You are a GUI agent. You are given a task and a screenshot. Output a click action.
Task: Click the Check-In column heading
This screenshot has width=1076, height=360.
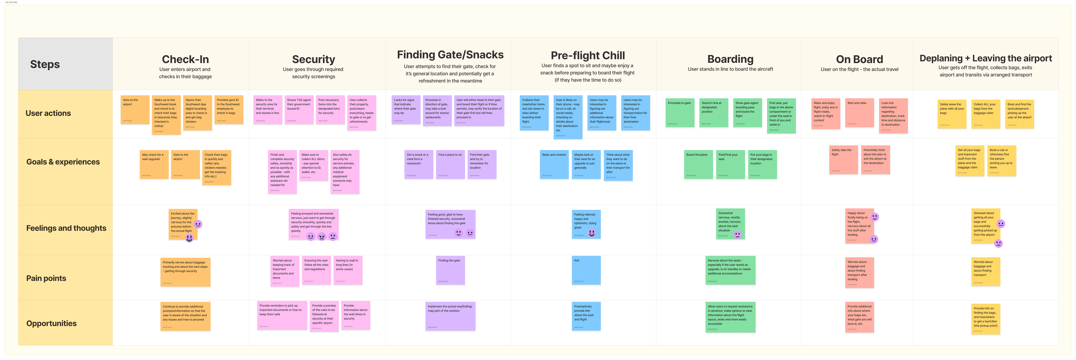185,60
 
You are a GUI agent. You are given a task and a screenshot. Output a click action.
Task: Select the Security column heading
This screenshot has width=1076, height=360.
313,60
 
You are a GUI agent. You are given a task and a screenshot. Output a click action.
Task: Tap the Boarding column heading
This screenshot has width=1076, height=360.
730,60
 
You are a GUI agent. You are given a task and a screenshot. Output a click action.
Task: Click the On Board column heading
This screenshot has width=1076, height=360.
859,60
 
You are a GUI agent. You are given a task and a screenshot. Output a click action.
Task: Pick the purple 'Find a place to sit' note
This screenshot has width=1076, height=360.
450,165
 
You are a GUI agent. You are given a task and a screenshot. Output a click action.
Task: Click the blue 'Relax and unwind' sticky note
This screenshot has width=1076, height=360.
554,165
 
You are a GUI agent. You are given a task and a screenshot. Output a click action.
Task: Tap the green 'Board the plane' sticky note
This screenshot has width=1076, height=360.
698,165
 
